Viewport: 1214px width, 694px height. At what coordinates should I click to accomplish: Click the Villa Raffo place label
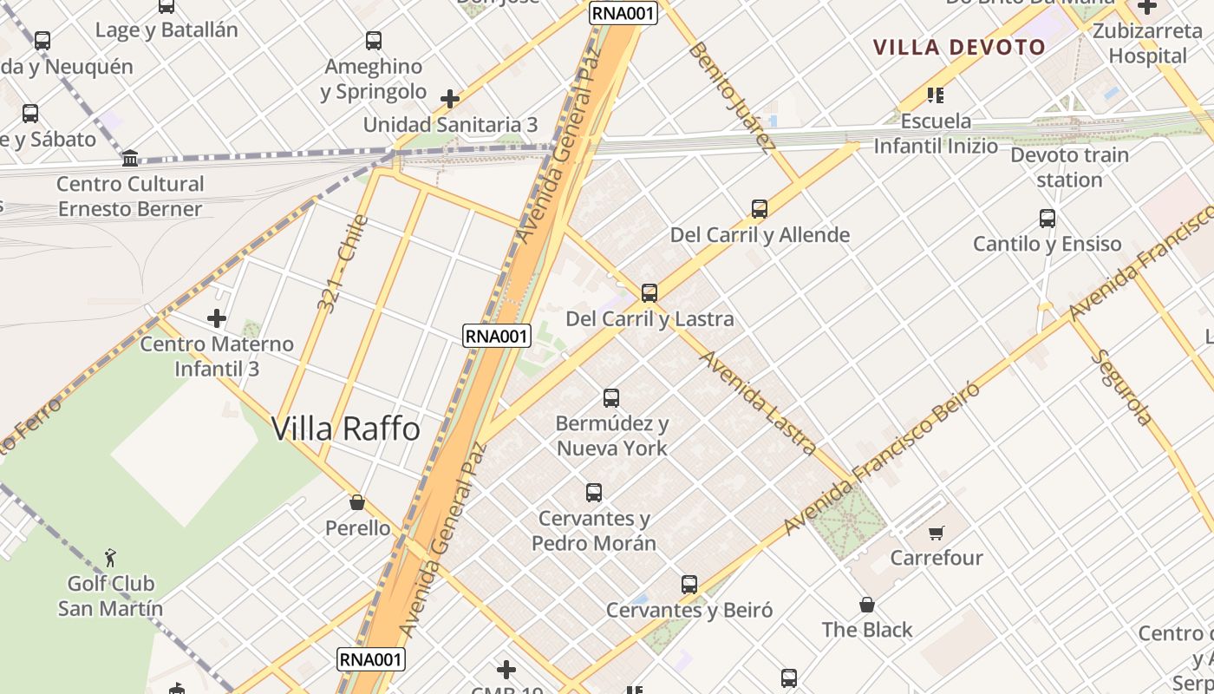(x=346, y=429)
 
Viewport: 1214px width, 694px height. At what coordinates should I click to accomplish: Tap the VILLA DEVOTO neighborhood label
(x=959, y=47)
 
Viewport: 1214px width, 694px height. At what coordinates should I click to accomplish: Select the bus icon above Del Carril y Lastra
(x=649, y=293)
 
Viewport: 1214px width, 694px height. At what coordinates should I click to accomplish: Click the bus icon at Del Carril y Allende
(x=760, y=209)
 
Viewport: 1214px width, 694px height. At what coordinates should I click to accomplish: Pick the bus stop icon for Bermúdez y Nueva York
(x=611, y=398)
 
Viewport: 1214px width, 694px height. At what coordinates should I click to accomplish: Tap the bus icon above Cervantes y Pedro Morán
(x=594, y=493)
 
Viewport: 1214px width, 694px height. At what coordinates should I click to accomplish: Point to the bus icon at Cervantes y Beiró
(x=689, y=585)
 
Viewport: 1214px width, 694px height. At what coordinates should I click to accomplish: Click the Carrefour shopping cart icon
(x=936, y=533)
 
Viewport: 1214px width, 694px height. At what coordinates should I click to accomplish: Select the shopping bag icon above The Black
(x=866, y=605)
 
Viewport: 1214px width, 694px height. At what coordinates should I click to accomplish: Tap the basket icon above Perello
(x=356, y=502)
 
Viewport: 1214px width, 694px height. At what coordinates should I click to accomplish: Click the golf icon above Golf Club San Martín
(x=110, y=557)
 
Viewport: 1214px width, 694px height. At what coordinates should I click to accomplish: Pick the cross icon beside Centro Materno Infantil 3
(x=217, y=318)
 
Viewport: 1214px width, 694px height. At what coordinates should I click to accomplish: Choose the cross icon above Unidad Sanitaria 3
(x=450, y=99)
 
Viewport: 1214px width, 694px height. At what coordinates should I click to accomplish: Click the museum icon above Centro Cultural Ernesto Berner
(x=130, y=158)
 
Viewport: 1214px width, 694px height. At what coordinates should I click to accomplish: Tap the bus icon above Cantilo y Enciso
(x=1048, y=219)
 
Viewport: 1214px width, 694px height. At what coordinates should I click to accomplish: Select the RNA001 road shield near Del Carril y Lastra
(x=496, y=336)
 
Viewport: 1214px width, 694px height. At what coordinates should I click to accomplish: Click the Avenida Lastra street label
(x=759, y=402)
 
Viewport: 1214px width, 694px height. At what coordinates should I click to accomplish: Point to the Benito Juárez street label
(x=731, y=97)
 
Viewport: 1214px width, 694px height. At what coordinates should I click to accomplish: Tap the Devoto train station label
(x=1069, y=167)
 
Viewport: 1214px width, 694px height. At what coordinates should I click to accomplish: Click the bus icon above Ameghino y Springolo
(x=374, y=41)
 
